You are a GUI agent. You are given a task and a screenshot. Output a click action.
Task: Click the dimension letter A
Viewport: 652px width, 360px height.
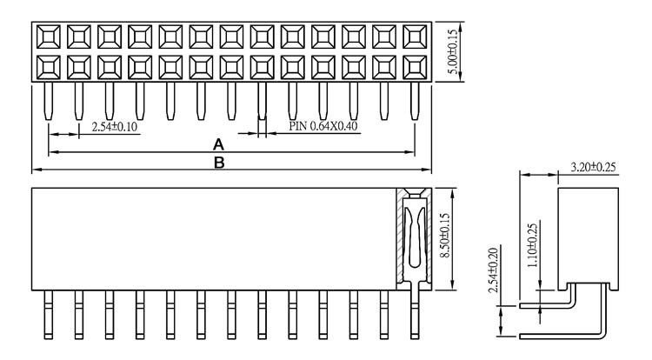tap(218, 144)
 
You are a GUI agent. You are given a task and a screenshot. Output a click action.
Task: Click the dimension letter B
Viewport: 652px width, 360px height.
tap(219, 163)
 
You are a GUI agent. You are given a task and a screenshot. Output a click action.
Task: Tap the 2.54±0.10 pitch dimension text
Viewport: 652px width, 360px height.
tap(114, 127)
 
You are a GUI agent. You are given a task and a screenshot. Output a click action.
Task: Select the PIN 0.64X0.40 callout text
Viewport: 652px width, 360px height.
tap(323, 126)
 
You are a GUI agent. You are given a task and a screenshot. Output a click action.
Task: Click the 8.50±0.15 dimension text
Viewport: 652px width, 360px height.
tap(445, 236)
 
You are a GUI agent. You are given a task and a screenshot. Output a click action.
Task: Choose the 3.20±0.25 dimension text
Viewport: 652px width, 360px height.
tap(593, 167)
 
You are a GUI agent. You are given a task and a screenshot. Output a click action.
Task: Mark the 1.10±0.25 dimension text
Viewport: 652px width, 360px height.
tap(532, 245)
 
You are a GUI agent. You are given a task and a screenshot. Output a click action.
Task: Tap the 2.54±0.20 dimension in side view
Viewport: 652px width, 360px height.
tap(493, 270)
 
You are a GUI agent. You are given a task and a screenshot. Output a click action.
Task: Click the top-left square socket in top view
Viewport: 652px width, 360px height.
tap(48, 37)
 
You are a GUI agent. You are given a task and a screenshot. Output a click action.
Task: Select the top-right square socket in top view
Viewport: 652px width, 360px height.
tap(415, 37)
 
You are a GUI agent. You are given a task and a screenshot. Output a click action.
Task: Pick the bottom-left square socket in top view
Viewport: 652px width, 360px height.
tap(48, 67)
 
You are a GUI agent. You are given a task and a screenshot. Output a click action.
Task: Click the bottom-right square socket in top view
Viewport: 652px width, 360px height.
tap(415, 67)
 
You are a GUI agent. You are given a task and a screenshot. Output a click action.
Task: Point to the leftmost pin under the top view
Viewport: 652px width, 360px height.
tap(48, 101)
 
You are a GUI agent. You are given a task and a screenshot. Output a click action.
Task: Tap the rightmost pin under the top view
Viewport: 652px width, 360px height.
tap(415, 101)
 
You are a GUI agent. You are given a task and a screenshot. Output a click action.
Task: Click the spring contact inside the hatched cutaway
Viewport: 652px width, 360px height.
tap(415, 237)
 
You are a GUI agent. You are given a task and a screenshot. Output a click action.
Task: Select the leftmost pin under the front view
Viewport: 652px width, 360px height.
tap(48, 315)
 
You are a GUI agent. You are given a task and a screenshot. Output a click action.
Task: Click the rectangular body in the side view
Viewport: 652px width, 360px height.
tap(588, 239)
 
